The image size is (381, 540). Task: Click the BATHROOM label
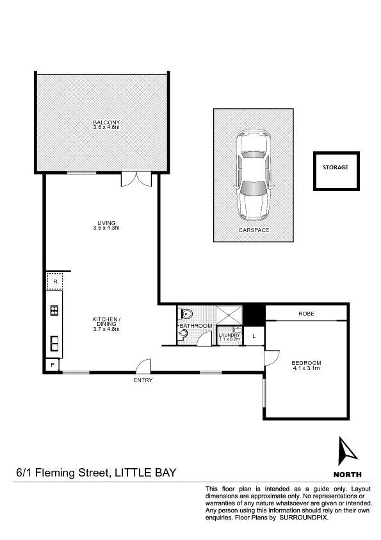pos(195,326)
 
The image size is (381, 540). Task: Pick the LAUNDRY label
pos(229,335)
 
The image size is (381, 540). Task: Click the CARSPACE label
pos(254,230)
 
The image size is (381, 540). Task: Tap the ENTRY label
pos(142,380)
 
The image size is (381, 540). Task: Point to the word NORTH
pos(348,475)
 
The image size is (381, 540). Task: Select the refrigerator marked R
pos(55,282)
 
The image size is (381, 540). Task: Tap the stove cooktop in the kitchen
pos(55,312)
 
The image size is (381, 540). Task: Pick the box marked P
pos(51,364)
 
